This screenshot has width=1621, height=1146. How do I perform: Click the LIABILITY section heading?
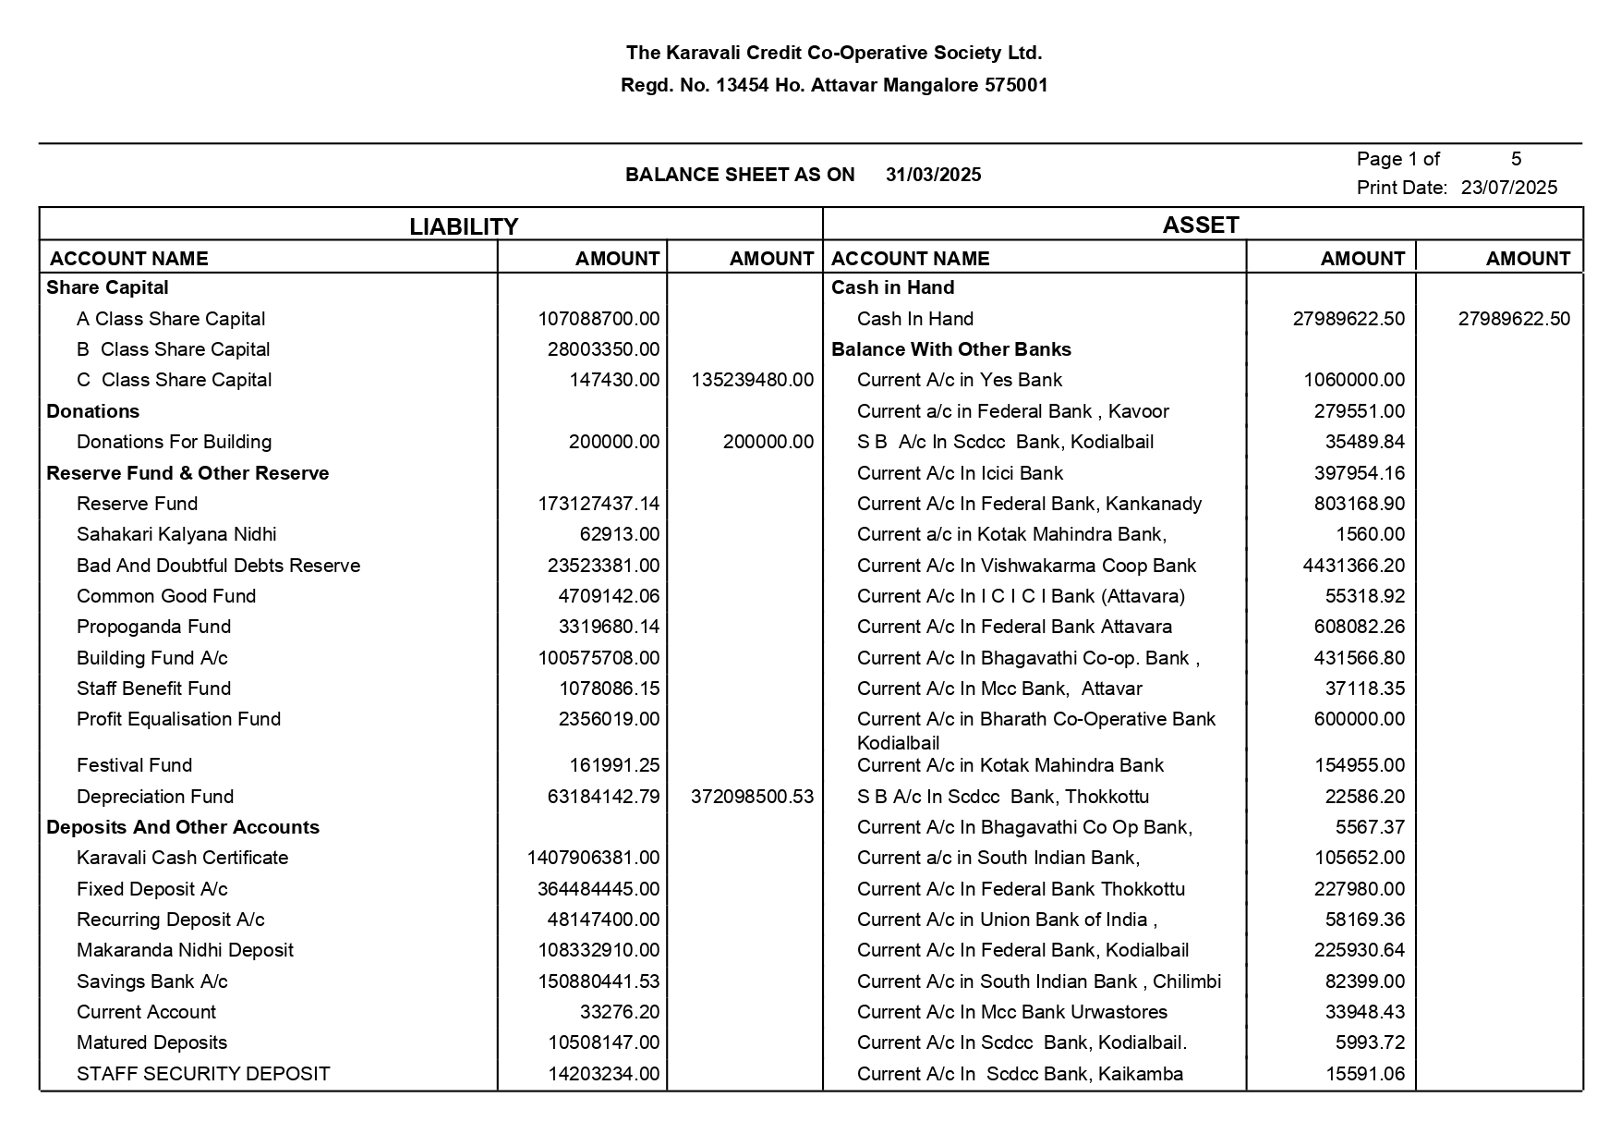click(464, 226)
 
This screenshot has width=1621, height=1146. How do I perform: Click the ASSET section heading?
click(1201, 225)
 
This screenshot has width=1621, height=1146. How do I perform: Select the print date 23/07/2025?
click(1509, 188)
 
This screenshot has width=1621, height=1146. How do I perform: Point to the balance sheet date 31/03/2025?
click(933, 175)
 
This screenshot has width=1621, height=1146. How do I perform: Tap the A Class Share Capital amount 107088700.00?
click(599, 319)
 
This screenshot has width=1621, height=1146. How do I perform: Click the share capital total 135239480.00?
click(752, 380)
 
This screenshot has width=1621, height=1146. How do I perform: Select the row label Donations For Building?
click(174, 442)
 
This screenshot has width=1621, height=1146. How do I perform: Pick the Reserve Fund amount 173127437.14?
click(599, 504)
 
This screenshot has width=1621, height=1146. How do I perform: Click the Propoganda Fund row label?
click(153, 627)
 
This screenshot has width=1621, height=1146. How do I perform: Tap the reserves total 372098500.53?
click(752, 797)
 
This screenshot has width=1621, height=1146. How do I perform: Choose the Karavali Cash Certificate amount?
click(593, 858)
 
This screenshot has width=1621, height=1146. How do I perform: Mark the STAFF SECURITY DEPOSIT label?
click(203, 1074)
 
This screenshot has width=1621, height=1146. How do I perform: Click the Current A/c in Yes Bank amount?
click(1354, 380)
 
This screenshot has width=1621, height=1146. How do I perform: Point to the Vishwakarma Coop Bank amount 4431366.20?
click(1354, 566)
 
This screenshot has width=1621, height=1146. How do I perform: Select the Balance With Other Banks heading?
click(951, 349)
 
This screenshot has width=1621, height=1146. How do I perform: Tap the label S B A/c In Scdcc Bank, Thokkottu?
click(1003, 797)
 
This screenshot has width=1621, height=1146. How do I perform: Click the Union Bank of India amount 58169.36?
click(1364, 920)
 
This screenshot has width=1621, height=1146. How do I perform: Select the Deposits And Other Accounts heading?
click(183, 827)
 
